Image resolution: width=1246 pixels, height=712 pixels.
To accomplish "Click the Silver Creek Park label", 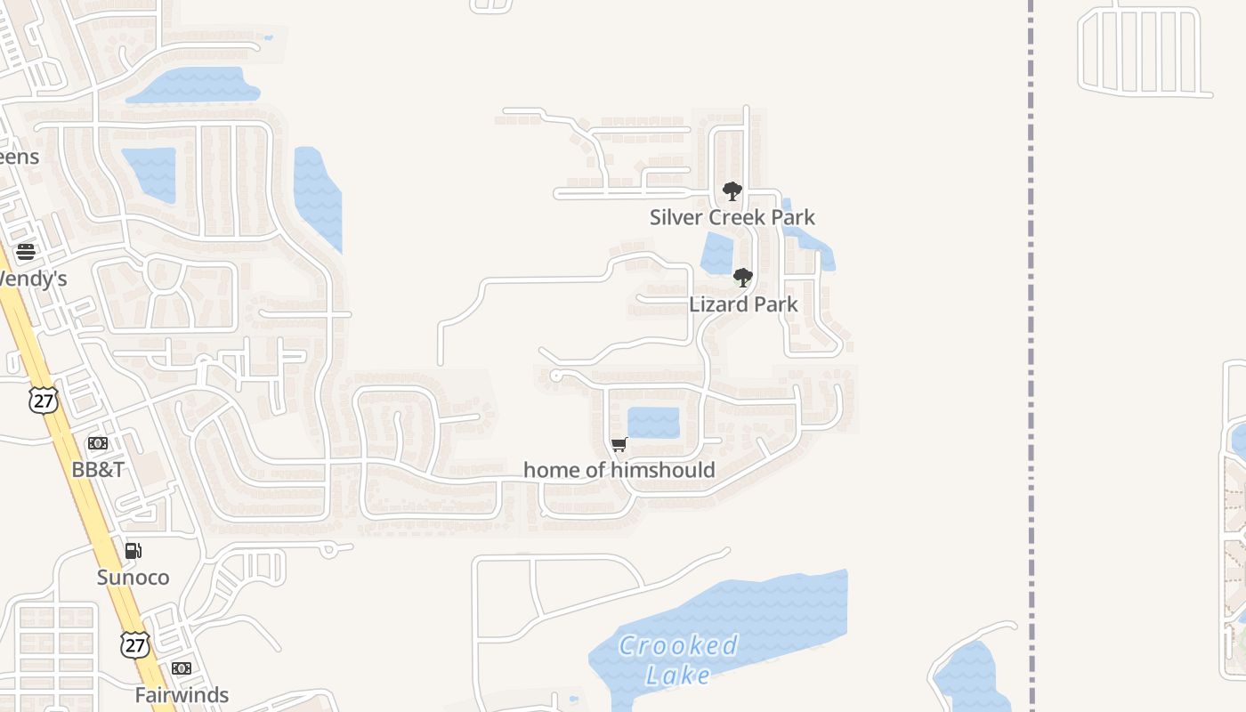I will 732,217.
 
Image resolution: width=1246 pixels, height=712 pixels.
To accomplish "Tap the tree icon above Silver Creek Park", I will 732,191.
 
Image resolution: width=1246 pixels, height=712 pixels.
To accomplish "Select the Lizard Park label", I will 743,304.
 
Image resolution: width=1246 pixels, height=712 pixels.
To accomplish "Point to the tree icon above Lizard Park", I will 743,278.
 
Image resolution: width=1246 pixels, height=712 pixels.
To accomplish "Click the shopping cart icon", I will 619,444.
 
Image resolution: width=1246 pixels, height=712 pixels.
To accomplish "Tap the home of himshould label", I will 619,470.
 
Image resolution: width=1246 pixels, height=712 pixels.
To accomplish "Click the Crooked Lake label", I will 679,659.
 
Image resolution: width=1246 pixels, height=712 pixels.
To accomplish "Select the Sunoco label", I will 133,578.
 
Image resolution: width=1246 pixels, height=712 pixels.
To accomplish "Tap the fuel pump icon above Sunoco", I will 133,551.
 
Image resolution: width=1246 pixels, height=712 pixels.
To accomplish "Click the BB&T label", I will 98,470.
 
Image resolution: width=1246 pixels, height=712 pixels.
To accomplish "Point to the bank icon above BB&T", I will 98,443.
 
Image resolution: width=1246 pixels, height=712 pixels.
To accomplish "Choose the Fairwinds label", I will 182,695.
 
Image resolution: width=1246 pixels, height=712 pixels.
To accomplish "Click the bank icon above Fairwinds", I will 182,668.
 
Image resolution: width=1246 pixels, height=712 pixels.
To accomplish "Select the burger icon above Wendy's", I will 26,252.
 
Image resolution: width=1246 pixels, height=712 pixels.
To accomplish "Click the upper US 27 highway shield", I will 42,400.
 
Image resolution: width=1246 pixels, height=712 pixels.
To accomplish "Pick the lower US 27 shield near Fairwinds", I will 135,644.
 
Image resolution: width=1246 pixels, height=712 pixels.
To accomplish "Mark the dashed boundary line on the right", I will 1031,356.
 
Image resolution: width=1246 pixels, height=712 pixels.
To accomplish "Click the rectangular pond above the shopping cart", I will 653,422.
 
